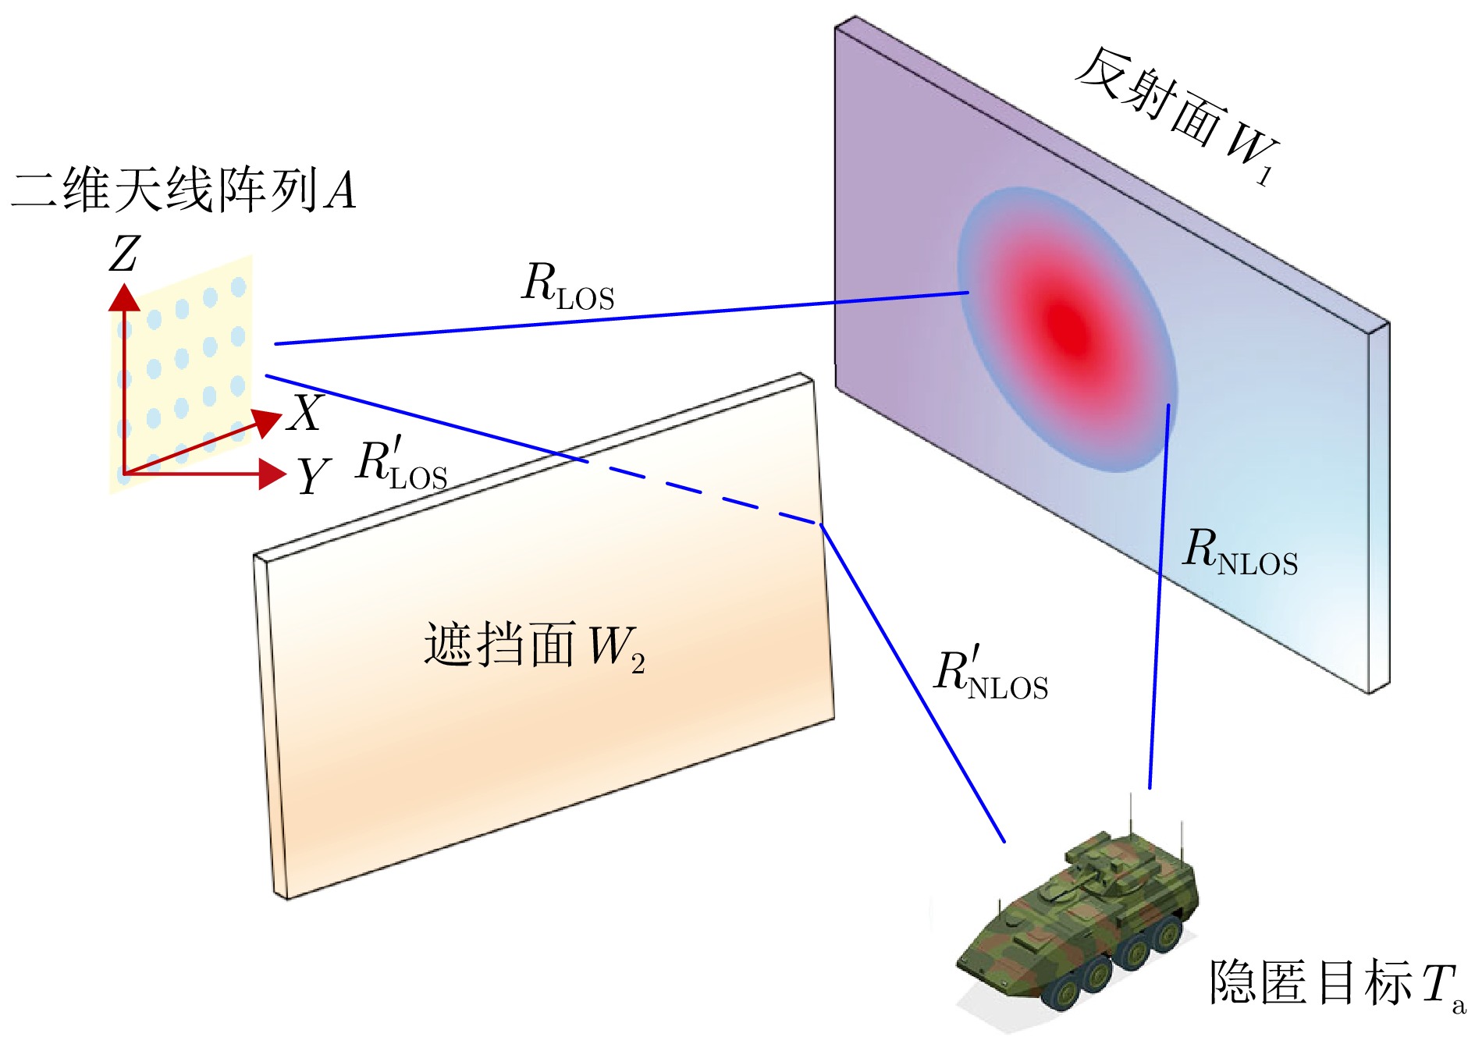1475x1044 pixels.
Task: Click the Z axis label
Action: tap(124, 254)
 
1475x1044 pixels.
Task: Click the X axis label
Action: tap(305, 413)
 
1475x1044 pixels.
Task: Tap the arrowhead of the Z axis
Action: tap(124, 297)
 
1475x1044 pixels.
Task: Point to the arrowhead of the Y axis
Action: tap(272, 474)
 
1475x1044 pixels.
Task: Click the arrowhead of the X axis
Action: tap(268, 421)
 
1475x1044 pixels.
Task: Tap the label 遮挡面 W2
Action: tap(535, 646)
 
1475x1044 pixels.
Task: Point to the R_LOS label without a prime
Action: tap(567, 286)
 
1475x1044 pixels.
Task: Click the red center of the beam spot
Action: tap(1066, 325)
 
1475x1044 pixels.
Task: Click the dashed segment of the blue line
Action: tap(702, 492)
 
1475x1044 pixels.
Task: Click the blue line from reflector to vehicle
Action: tap(1159, 593)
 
